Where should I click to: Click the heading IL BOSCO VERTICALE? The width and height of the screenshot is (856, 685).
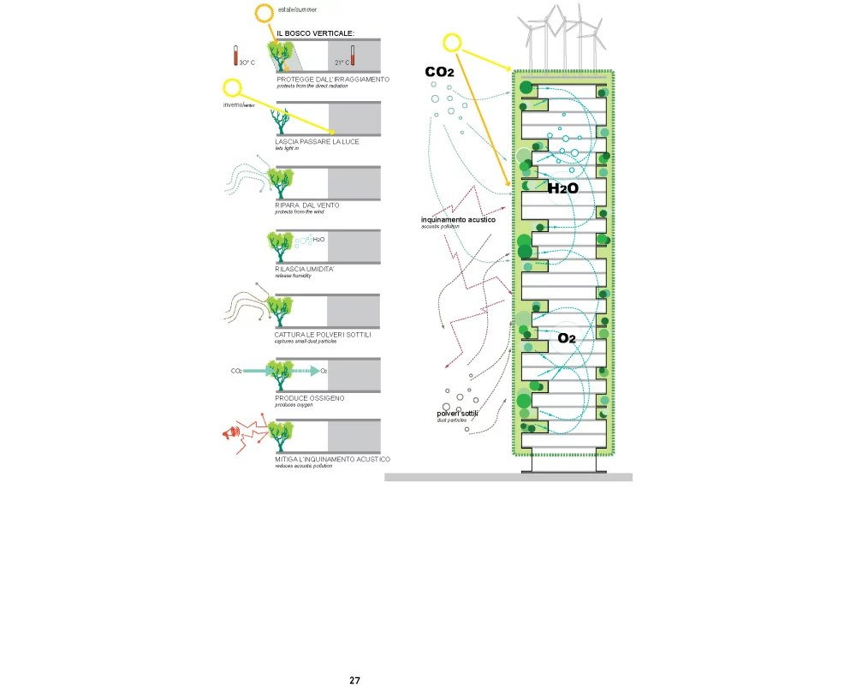[x=315, y=33]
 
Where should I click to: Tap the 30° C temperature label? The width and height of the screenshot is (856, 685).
[x=247, y=63]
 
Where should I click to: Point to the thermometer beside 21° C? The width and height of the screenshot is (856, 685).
[x=353, y=57]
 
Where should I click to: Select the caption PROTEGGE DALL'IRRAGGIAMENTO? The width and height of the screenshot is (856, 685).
[x=333, y=79]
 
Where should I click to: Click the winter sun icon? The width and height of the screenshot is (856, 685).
[x=232, y=87]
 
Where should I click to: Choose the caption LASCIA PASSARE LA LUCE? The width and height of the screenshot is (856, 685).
[x=317, y=141]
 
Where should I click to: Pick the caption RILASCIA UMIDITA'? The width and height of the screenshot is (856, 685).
[x=304, y=269]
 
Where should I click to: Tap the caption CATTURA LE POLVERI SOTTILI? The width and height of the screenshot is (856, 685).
[x=323, y=334]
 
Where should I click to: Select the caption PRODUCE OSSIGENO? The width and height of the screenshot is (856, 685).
[x=308, y=398]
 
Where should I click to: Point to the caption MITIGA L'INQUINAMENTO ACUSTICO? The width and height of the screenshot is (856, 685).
[x=332, y=459]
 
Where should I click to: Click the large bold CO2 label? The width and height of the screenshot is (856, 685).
[x=439, y=73]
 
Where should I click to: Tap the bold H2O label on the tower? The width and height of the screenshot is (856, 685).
[x=563, y=188]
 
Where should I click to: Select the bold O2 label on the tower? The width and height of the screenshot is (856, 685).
[x=567, y=338]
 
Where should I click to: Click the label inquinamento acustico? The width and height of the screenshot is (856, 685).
[x=458, y=220]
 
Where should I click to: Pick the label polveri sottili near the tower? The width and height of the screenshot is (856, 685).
[x=457, y=414]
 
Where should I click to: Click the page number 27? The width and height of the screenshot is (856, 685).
[x=355, y=680]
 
